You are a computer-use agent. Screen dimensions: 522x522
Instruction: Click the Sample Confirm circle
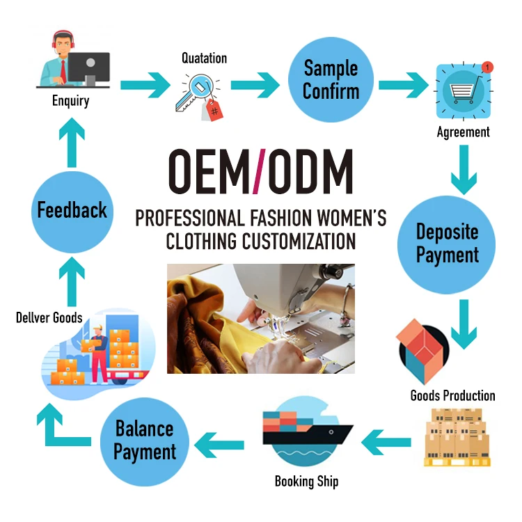pos(331,81)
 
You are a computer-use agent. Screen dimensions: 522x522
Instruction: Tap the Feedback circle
pos(72,209)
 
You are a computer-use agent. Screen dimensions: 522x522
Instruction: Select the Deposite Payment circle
pos(448,243)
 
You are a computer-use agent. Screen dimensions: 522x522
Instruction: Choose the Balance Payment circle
pos(145,440)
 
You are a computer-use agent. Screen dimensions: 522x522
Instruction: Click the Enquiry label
pos(70,101)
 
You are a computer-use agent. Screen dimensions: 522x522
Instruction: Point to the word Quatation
pos(204,58)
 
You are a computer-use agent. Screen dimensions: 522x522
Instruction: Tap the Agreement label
pos(463,132)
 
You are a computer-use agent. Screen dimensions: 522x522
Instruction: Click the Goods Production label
pos(452,396)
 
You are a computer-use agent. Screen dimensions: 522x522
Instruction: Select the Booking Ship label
pos(306,481)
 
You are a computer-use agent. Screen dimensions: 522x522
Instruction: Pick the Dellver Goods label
pos(49,318)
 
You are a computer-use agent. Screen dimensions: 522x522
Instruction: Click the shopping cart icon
pos(462,92)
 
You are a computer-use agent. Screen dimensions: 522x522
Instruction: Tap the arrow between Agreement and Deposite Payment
pos(463,170)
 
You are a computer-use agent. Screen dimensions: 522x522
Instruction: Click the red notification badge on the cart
pos(487,67)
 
